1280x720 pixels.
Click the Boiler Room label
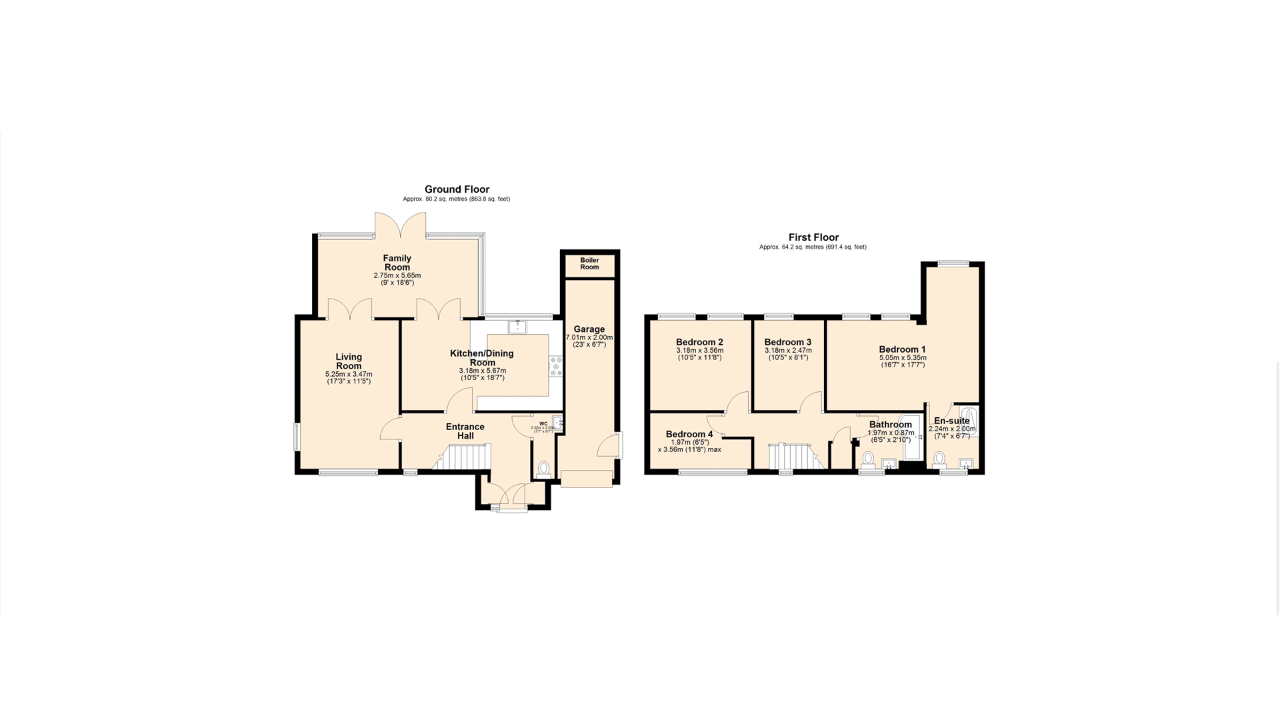pyautogui.click(x=589, y=263)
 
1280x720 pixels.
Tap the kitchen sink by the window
pyautogui.click(x=517, y=327)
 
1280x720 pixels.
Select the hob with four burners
pyautogui.click(x=555, y=367)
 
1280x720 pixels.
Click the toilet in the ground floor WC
pyautogui.click(x=543, y=469)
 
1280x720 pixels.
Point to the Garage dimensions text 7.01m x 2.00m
pyautogui.click(x=589, y=337)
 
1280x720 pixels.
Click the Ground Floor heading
pyautogui.click(x=457, y=189)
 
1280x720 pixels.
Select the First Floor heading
pyautogui.click(x=813, y=237)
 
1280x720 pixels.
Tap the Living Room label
pyautogui.click(x=348, y=361)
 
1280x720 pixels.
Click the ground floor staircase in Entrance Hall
pyautogui.click(x=465, y=457)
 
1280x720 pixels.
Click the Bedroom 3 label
pyautogui.click(x=787, y=342)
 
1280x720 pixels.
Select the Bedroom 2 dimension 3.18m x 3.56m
pyautogui.click(x=699, y=351)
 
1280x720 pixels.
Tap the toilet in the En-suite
pyautogui.click(x=939, y=458)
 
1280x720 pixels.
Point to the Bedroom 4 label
pyautogui.click(x=689, y=434)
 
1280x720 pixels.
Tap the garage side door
pyautogui.click(x=608, y=445)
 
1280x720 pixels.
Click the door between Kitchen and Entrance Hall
pyautogui.click(x=459, y=401)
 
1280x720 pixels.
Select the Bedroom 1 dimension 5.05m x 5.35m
pyautogui.click(x=902, y=358)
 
